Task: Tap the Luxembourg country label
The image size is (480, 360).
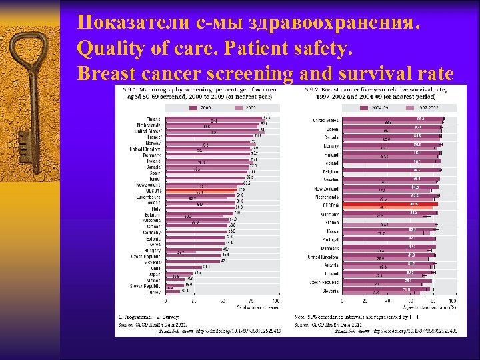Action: (150, 197)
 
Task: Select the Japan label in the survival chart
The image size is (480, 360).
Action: (331, 129)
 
